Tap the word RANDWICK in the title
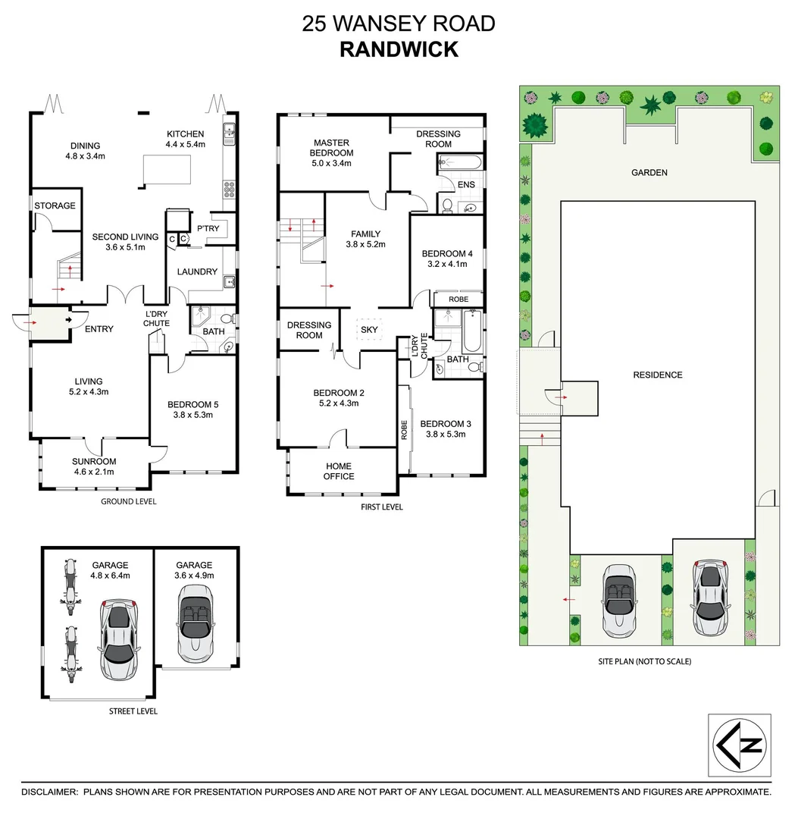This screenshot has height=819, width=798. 399,49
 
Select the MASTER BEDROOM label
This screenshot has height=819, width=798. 332,147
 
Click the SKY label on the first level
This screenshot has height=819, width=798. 369,330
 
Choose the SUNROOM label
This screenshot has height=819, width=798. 94,461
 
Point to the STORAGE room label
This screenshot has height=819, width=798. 55,206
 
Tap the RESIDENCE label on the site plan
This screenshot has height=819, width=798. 658,375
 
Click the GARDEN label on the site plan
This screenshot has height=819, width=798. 649,173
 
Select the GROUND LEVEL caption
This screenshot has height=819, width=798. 129,501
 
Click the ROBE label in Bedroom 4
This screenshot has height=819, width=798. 458,300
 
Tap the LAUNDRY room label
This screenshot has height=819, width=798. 197,271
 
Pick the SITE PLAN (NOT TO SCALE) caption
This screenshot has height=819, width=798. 644,661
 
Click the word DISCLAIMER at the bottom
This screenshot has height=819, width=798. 49,792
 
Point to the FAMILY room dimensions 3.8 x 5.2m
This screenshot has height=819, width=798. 366,244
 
